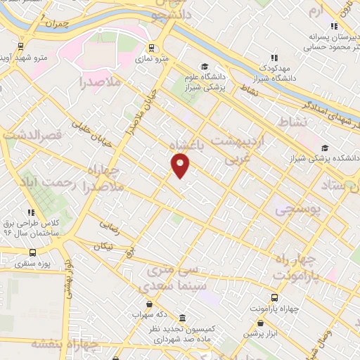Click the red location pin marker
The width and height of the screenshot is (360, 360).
pos(180,165)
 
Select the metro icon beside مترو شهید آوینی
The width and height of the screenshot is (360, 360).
pos(21,51)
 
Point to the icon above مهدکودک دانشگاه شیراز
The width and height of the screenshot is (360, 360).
pos(274,58)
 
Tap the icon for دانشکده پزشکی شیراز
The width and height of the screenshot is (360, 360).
pos(325,148)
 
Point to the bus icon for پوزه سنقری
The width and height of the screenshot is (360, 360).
pos(32,252)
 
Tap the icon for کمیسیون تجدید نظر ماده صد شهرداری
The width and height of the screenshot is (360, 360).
pos(183,317)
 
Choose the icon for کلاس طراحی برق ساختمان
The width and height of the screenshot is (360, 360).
pos(30,212)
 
